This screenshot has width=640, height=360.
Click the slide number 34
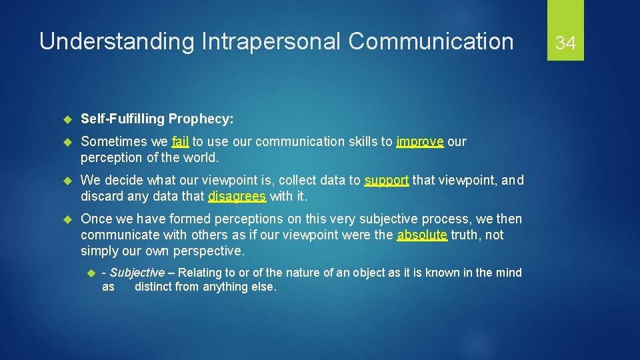click(565, 43)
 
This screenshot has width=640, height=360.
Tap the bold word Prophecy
click(201, 119)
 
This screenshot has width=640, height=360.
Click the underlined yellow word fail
click(180, 141)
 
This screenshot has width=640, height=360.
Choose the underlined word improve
click(419, 141)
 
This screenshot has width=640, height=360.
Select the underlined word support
click(387, 180)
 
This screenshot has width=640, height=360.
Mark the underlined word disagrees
click(237, 196)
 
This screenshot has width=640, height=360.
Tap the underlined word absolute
click(422, 235)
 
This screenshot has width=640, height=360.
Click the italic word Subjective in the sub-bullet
click(137, 272)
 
